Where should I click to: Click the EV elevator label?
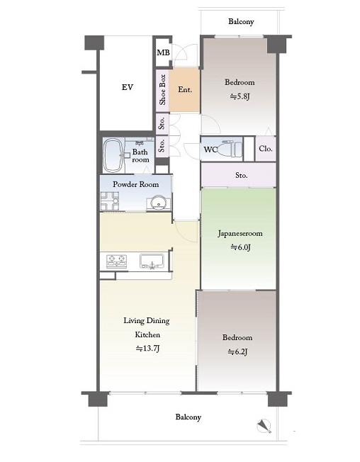pos(128,87)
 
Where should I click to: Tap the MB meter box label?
pos(163,52)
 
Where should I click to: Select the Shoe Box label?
pos(162,89)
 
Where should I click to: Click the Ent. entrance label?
pos(185,89)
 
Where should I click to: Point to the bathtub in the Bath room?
pos(113,155)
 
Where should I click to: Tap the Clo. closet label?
pos(266,149)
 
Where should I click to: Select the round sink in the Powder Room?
pos(159,203)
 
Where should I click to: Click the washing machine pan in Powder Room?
pos(110,201)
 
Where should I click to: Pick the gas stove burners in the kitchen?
pos(117,261)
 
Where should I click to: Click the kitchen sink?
pos(152,261)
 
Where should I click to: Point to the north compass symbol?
pos(264,426)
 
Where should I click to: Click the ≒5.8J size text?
pos(240,96)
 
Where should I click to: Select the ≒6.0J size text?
pos(240,247)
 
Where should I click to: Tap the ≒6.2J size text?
pos(237,351)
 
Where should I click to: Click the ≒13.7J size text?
pos(147,349)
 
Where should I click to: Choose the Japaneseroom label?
pos(240,233)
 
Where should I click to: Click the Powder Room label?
pos(136,184)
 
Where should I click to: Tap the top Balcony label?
pos(241,21)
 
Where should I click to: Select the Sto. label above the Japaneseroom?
pos(241,175)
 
